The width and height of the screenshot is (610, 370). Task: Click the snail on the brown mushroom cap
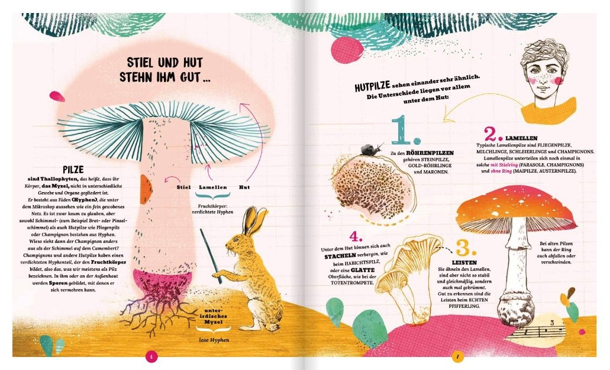click(371, 150)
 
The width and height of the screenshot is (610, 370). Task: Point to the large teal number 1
click(405, 130)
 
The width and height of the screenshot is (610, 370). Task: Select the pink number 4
click(356, 236)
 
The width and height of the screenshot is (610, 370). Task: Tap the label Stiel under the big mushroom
click(183, 187)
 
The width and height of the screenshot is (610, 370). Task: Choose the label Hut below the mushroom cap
click(244, 187)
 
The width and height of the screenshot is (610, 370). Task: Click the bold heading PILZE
click(73, 170)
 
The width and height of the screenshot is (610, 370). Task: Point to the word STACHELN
click(340, 256)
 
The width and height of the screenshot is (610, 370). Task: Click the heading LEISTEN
click(464, 263)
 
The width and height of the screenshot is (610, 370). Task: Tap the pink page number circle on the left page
click(151, 356)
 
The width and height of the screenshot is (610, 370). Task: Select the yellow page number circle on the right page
click(458, 356)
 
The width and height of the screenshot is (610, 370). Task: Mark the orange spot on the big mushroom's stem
click(146, 189)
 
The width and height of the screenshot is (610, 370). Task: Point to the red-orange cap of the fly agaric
click(516, 206)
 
